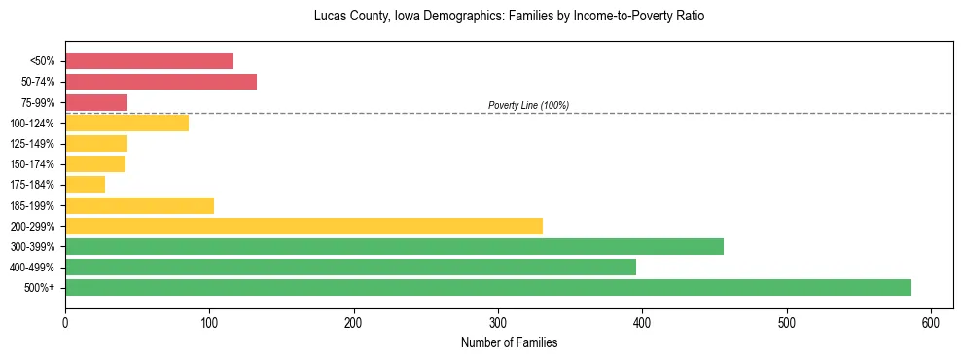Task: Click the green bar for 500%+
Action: click(487, 287)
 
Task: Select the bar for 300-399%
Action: click(394, 246)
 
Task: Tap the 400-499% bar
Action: click(350, 267)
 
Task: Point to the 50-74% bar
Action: click(160, 82)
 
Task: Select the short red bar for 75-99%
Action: click(96, 102)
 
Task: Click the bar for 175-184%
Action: click(85, 184)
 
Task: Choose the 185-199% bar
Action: click(139, 205)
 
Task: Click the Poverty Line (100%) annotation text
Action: click(528, 105)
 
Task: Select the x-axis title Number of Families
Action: click(509, 343)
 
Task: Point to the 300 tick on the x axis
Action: click(498, 322)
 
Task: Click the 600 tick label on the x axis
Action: click(931, 322)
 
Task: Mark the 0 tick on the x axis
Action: click(65, 322)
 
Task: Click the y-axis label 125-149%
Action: click(32, 144)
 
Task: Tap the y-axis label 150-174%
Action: click(32, 164)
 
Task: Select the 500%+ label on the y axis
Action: click(38, 288)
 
